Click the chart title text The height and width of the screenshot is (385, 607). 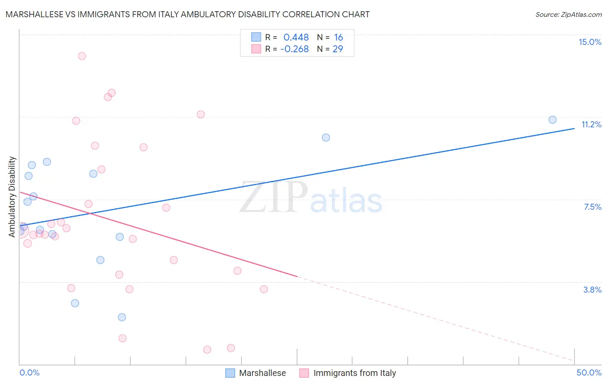(187, 14)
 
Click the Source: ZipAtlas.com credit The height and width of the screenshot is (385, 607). (568, 14)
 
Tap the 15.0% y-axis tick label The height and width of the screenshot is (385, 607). (590, 42)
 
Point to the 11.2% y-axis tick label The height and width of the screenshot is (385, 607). (591, 124)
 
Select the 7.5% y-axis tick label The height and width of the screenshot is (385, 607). (592, 207)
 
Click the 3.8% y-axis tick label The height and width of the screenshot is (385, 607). (592, 290)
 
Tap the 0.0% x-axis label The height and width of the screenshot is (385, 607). (29, 372)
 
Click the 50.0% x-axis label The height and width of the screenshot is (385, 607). (589, 372)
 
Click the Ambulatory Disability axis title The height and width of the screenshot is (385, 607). (12, 196)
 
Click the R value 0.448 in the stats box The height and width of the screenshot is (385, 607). (296, 38)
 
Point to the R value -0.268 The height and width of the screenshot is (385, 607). (294, 49)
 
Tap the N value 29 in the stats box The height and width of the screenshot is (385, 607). (338, 49)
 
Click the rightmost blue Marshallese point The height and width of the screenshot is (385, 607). (552, 120)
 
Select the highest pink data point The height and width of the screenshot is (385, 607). (82, 56)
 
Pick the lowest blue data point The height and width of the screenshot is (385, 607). (122, 317)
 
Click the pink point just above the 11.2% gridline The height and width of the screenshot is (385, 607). (201, 114)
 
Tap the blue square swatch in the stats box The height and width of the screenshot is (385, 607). (256, 37)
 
